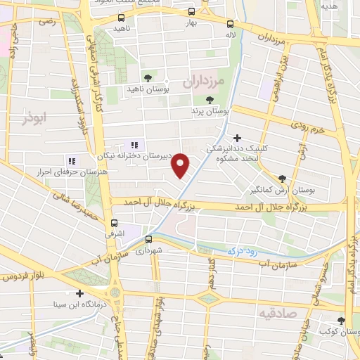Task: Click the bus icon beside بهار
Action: pos(191,11)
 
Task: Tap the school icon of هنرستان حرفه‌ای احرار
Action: pos(70,160)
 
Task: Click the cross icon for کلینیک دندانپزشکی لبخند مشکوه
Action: pos(238,138)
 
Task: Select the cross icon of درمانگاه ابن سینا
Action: pos(79,293)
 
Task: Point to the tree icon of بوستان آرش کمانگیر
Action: pos(283,179)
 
